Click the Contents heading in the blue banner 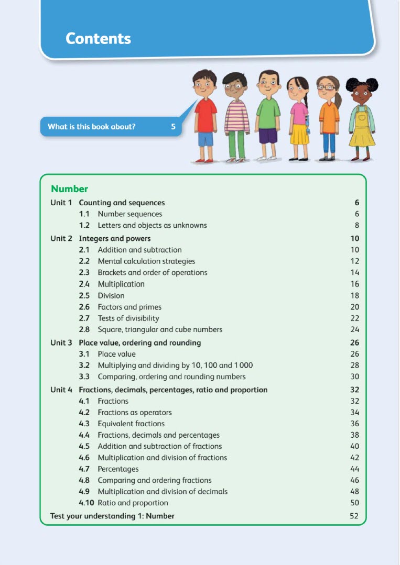[x=98, y=38]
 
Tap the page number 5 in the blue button [x=173, y=126]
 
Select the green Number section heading [x=69, y=189]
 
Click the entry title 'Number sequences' [x=129, y=214]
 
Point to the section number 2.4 [x=84, y=284]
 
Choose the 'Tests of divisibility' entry [x=128, y=318]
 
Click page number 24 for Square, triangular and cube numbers [x=354, y=329]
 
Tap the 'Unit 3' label [x=61, y=342]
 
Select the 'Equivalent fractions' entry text [x=131, y=424]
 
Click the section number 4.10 [x=87, y=503]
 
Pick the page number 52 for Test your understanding [x=354, y=516]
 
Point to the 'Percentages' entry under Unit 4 [x=118, y=469]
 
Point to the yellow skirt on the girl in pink [x=300, y=134]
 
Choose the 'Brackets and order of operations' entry [x=152, y=272]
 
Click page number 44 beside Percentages [x=354, y=469]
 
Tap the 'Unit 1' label [x=61, y=203]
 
